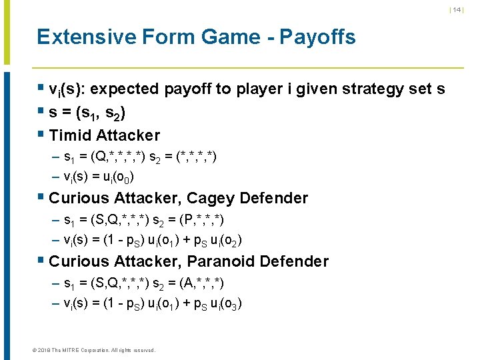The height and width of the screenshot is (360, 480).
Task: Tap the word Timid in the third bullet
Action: tap(71, 135)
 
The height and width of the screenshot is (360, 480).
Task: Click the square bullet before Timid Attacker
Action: tap(41, 135)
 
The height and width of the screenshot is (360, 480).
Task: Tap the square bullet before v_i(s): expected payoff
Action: tap(41, 88)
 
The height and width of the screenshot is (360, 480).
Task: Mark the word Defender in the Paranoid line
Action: tap(293, 261)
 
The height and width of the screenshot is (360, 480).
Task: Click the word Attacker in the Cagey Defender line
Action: tap(147, 198)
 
